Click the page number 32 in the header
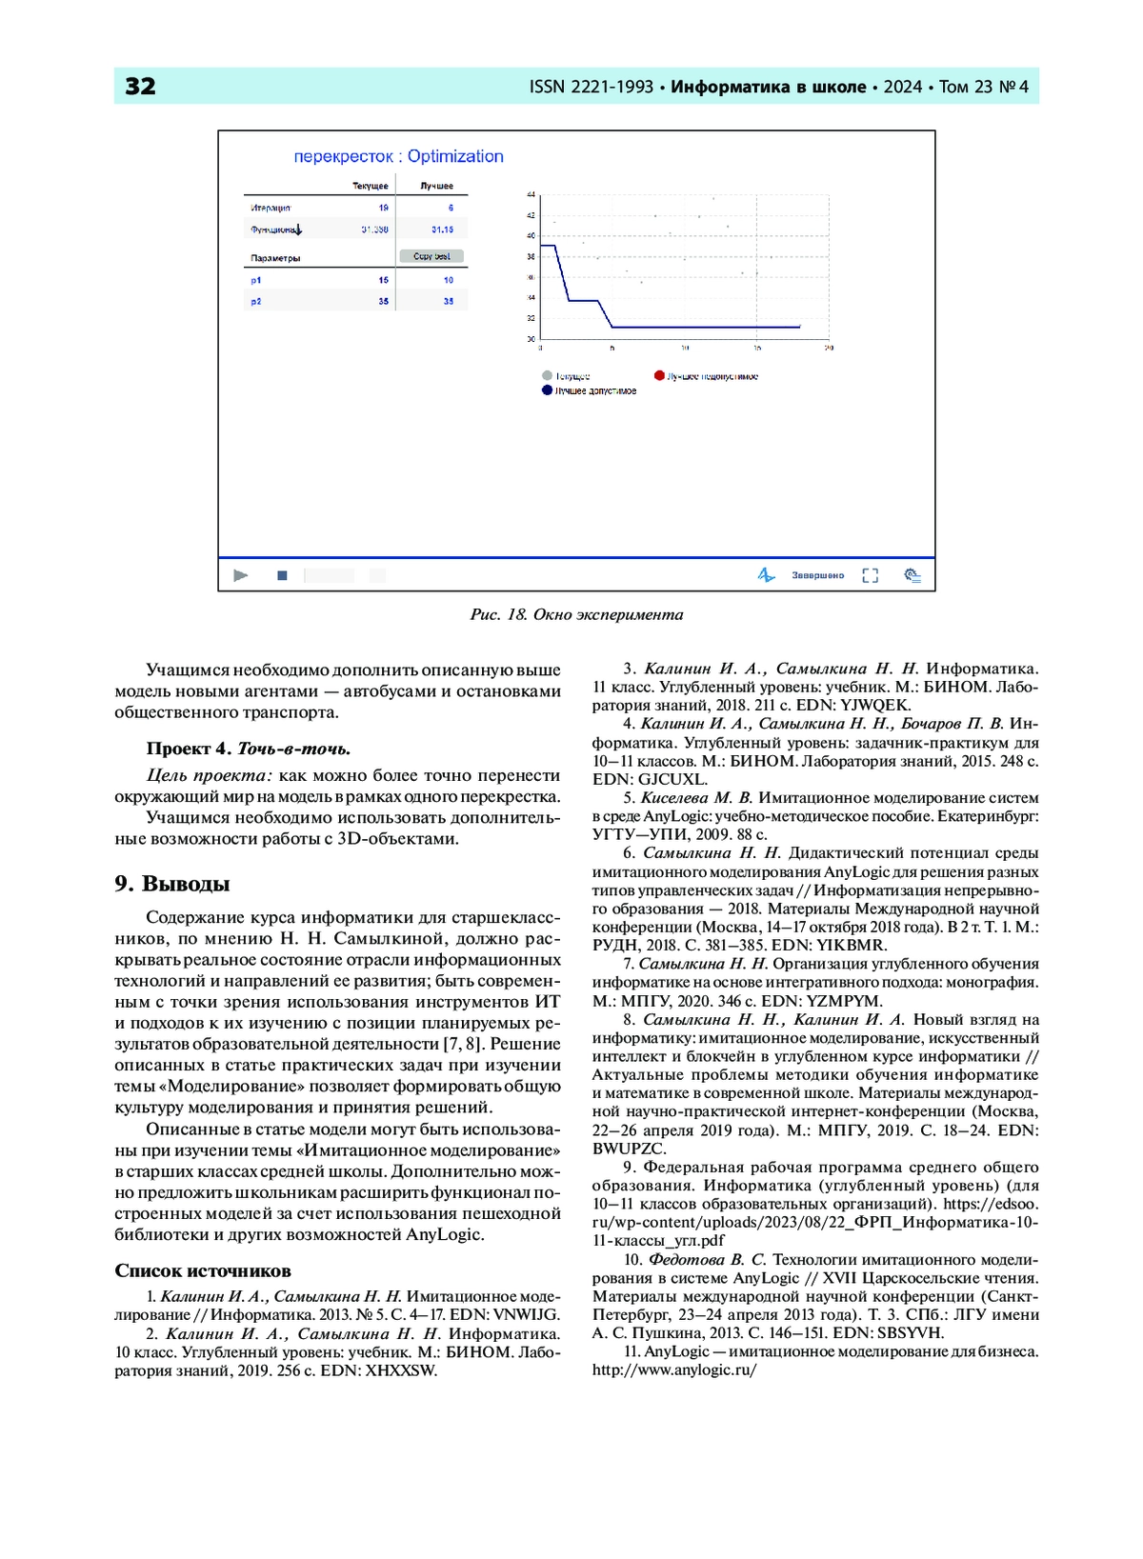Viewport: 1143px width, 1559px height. click(x=140, y=87)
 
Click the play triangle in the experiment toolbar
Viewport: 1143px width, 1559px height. click(x=241, y=575)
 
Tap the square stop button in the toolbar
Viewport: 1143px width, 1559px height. click(x=282, y=575)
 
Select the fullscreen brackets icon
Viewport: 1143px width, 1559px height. click(x=870, y=575)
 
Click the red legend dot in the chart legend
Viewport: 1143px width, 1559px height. click(x=659, y=375)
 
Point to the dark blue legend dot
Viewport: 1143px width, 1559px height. click(x=547, y=390)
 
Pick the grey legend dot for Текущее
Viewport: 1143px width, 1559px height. click(x=547, y=375)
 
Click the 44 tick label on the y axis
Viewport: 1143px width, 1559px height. click(x=531, y=194)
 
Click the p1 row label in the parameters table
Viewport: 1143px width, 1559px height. click(x=256, y=280)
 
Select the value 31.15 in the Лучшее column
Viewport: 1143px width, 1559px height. click(x=442, y=230)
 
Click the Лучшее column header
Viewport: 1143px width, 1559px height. click(x=437, y=186)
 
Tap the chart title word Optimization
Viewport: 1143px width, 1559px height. click(x=455, y=156)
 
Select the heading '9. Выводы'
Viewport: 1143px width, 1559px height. click(x=172, y=884)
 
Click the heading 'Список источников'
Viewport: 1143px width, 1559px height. click(x=203, y=1270)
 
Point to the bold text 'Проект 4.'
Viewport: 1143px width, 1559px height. click(x=189, y=749)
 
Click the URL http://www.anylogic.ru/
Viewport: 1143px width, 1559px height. click(x=674, y=1369)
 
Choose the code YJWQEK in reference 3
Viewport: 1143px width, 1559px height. click(x=875, y=705)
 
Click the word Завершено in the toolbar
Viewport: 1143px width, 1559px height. click(x=817, y=575)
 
